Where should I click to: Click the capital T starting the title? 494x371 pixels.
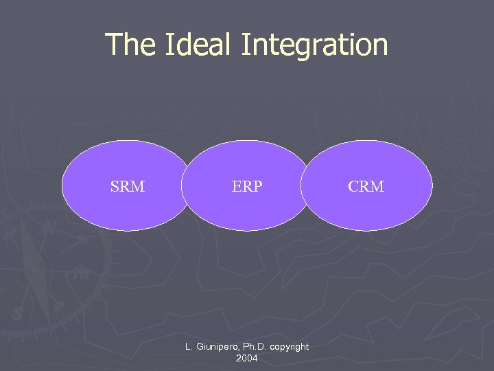pyautogui.click(x=113, y=45)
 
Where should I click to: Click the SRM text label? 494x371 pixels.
pyautogui.click(x=128, y=186)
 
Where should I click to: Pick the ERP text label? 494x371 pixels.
pyautogui.click(x=247, y=186)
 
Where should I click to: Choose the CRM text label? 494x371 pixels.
pyautogui.click(x=366, y=186)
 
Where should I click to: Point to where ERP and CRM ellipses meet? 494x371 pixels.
pyautogui.click(x=305, y=185)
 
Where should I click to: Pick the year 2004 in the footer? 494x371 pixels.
pyautogui.click(x=246, y=358)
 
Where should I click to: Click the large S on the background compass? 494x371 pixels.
pyautogui.click(x=18, y=313)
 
